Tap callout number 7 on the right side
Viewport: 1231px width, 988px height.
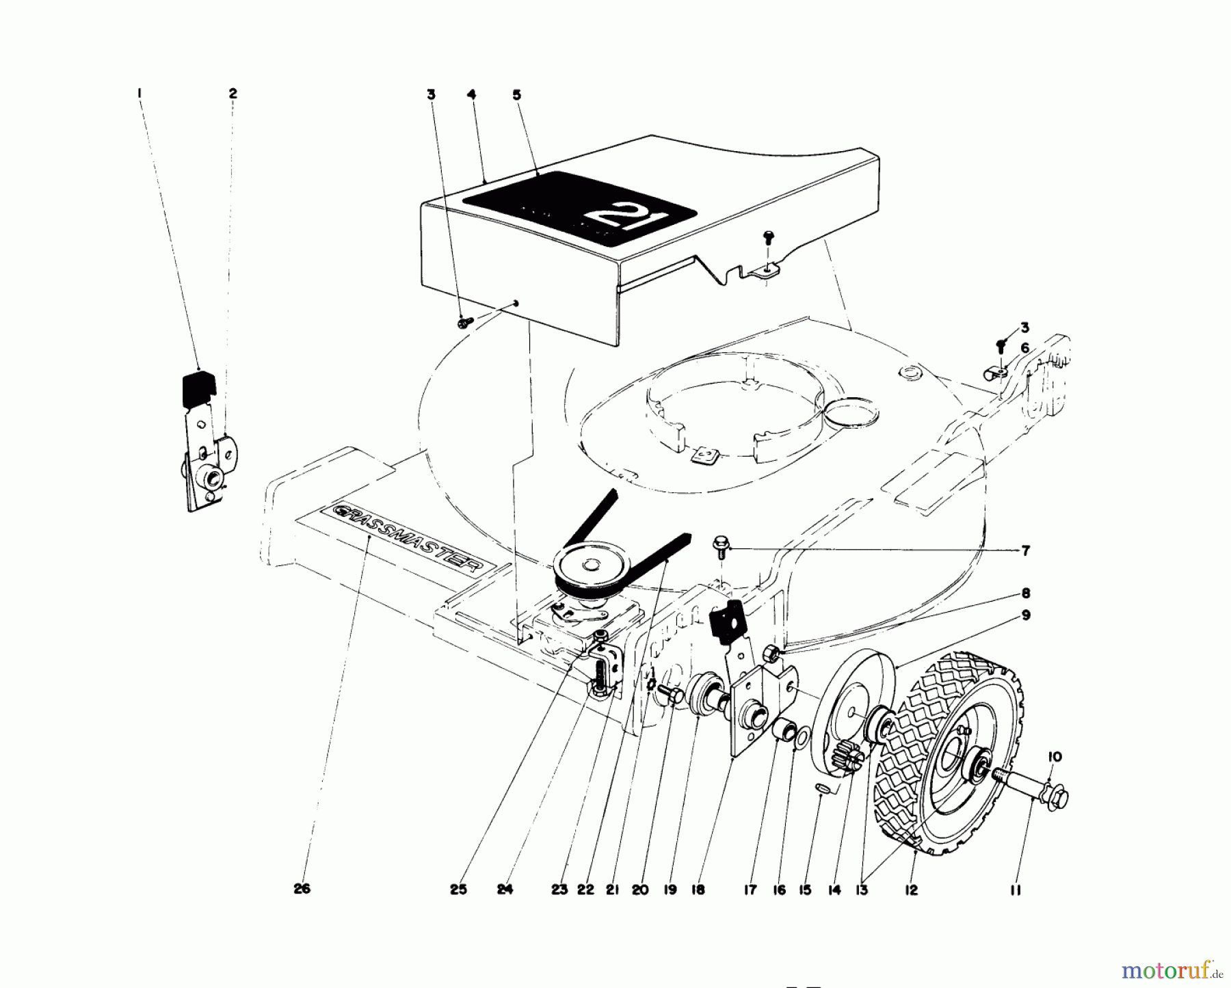point(1025,551)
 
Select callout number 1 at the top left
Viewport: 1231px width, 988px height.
point(139,93)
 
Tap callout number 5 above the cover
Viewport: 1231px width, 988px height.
point(516,95)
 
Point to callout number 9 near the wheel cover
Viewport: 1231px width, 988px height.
point(1026,615)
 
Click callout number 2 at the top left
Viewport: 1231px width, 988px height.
point(233,93)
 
